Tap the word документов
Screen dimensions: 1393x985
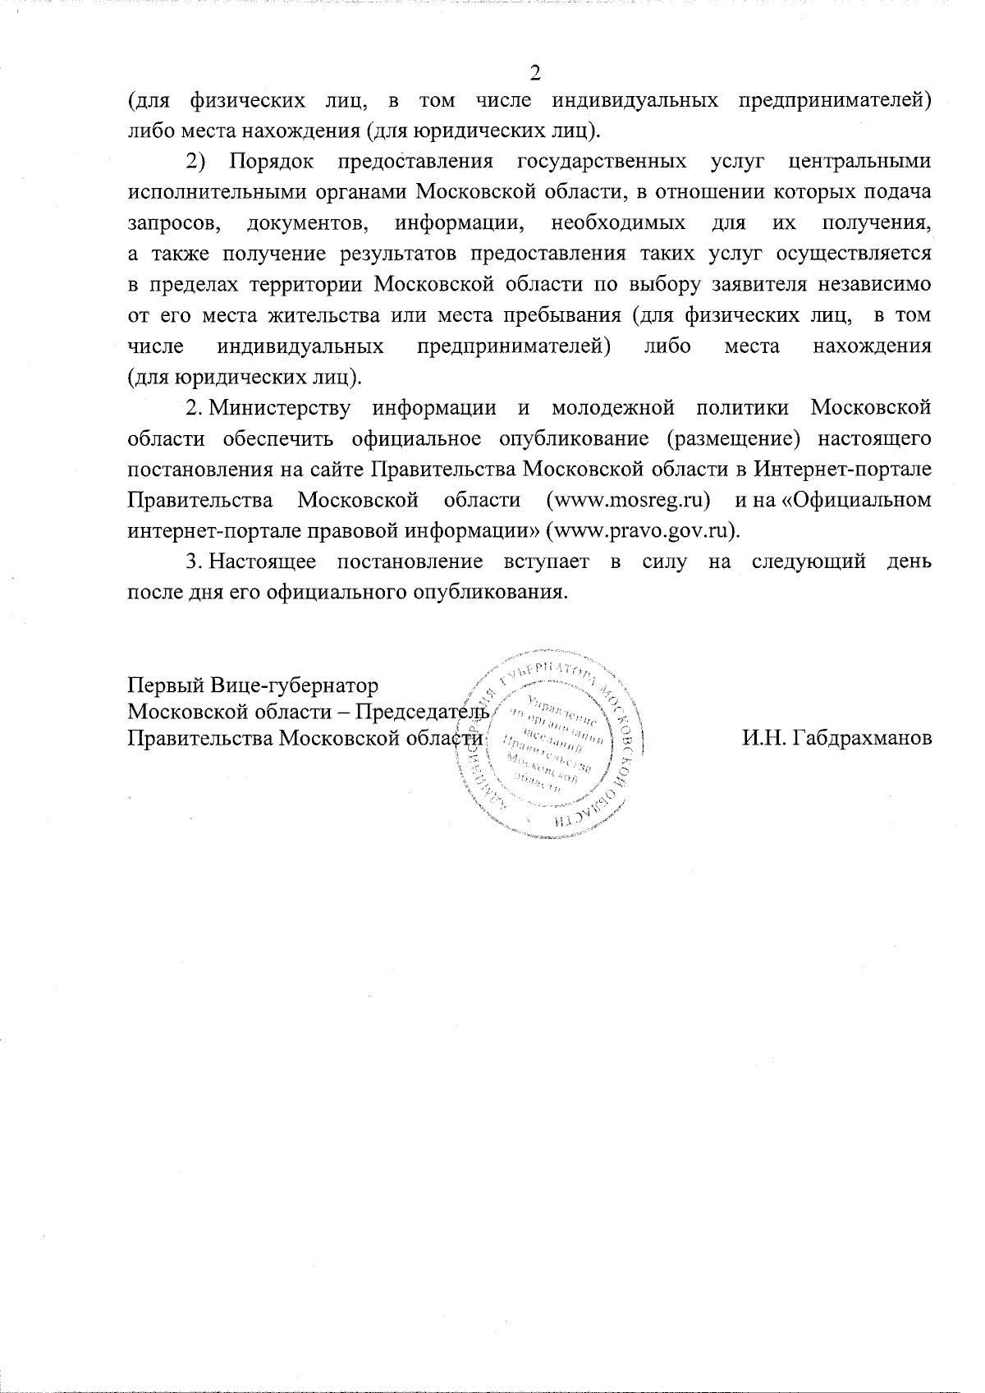pos(305,222)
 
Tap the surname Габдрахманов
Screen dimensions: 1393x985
pos(836,737)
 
